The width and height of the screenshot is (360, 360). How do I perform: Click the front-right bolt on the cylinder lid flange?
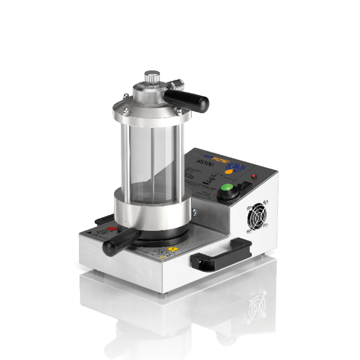tap(177, 110)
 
